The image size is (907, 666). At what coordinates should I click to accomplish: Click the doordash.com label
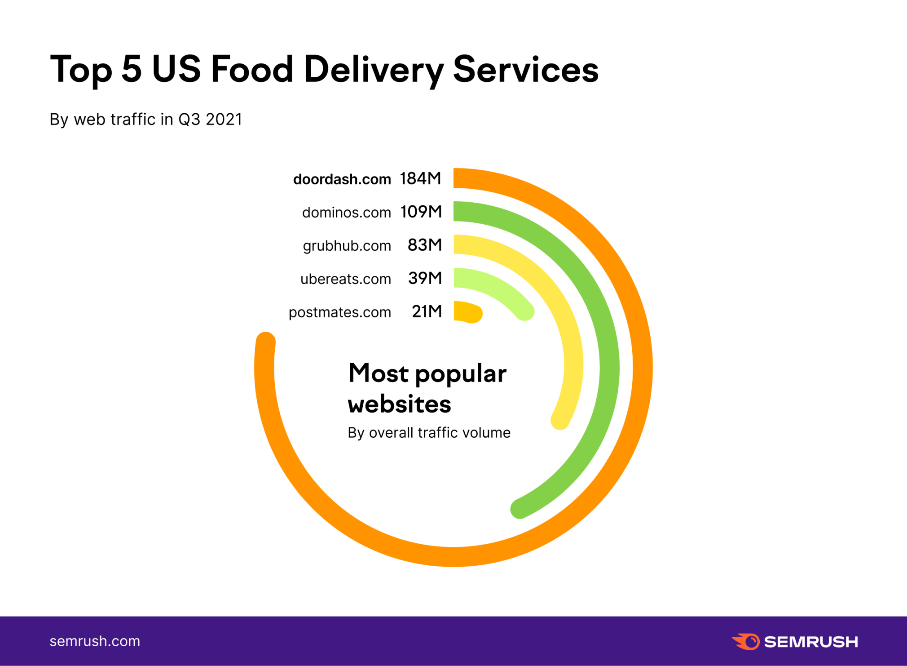pyautogui.click(x=342, y=179)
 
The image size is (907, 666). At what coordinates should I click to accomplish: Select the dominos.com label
pyautogui.click(x=346, y=212)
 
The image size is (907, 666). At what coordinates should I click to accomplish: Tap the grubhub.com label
pyautogui.click(x=347, y=246)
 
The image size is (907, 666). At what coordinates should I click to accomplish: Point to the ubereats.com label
pyautogui.click(x=345, y=279)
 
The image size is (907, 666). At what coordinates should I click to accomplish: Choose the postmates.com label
pyautogui.click(x=339, y=312)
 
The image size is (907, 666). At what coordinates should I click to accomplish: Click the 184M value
pyautogui.click(x=420, y=178)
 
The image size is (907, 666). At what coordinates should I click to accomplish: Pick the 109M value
pyautogui.click(x=421, y=212)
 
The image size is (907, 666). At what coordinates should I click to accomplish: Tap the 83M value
pyautogui.click(x=424, y=245)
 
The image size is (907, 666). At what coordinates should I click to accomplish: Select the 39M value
pyautogui.click(x=425, y=278)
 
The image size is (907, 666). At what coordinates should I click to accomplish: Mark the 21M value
pyautogui.click(x=427, y=311)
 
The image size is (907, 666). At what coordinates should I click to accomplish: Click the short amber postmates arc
pyautogui.click(x=467, y=312)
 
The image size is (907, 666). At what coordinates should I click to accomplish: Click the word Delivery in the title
pyautogui.click(x=374, y=70)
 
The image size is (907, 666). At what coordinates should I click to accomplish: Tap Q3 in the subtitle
pyautogui.click(x=189, y=120)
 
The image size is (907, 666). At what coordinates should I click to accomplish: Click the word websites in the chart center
pyautogui.click(x=399, y=404)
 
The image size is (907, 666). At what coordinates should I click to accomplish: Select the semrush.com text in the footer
pyautogui.click(x=95, y=641)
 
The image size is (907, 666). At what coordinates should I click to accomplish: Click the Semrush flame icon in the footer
pyautogui.click(x=746, y=642)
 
